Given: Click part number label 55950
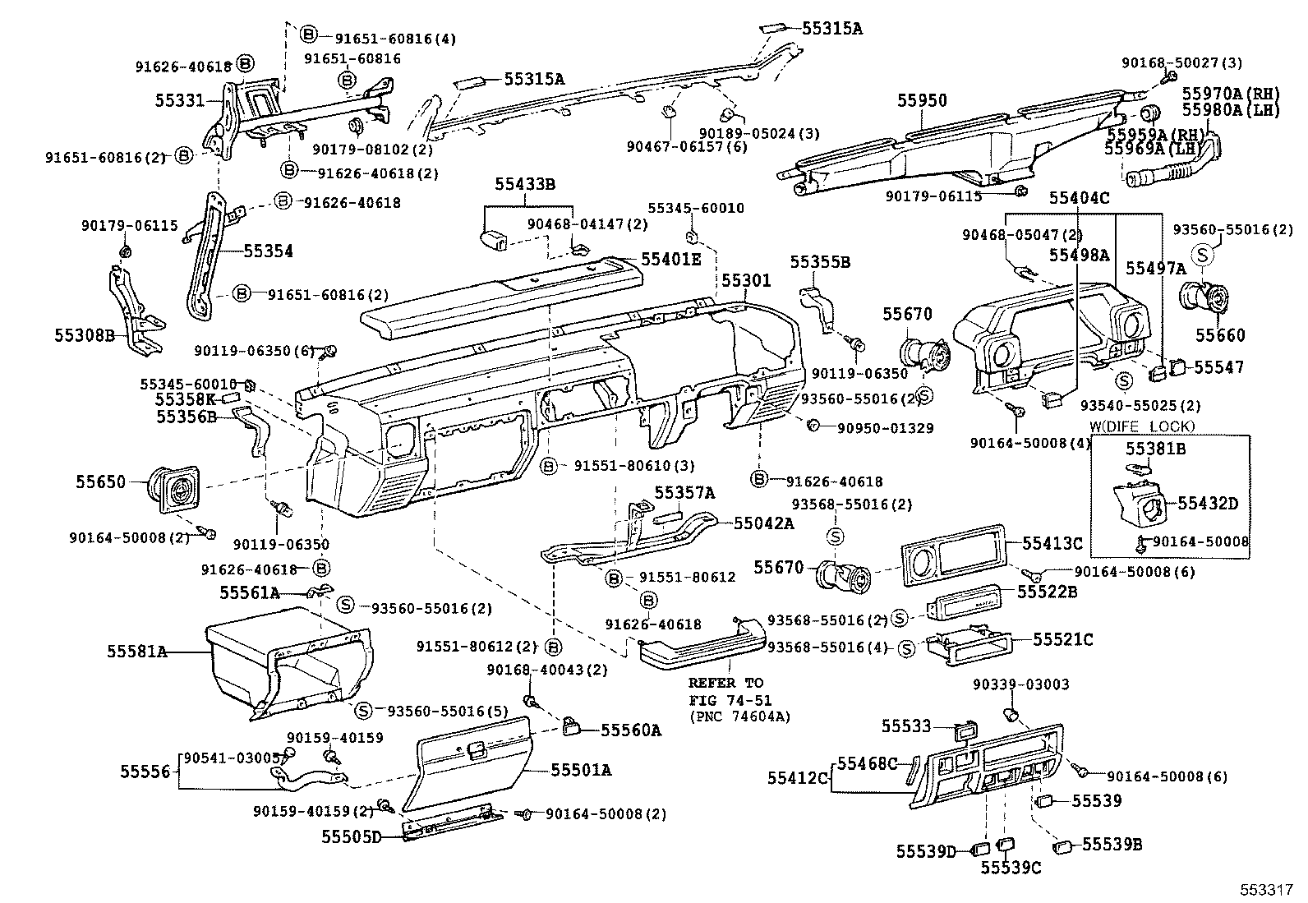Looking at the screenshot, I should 922,101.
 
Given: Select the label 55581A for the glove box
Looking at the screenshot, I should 136,652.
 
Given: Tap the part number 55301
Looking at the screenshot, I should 747,281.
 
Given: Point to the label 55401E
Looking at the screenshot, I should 671,260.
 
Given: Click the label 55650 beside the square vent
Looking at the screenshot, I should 101,481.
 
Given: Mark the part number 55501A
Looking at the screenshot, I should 581,770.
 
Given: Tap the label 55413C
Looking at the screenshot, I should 1052,543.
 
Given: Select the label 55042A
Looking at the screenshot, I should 763,523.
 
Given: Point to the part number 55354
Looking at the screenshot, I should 268,251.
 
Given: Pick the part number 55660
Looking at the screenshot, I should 1220,335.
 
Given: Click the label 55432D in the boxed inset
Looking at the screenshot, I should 1208,503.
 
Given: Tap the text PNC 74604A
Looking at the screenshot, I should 739,716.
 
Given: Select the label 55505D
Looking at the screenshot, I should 352,837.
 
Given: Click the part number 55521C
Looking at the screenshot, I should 1063,639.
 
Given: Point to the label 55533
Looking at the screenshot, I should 907,726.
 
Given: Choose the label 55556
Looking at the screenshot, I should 145,772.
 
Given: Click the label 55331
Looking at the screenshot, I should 180,100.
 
